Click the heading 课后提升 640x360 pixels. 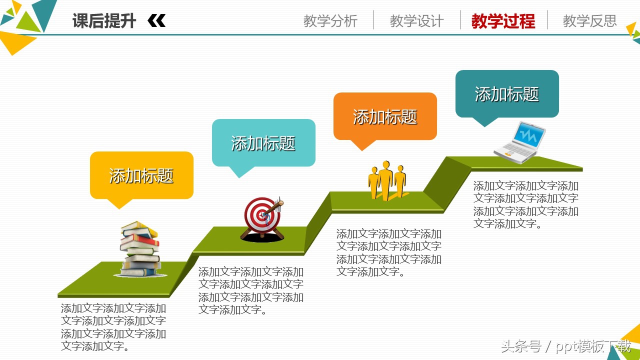104,21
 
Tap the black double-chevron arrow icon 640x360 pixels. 156,21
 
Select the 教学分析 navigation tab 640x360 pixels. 330,21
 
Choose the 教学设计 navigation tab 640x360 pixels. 416,21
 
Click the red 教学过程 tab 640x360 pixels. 503,21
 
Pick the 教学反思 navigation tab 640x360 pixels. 589,21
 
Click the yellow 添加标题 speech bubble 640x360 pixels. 141,175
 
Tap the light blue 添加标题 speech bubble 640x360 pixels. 263,143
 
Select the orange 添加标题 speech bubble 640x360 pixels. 385,116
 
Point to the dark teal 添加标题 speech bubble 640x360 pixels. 507,94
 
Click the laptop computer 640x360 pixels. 520,143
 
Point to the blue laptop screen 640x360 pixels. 529,134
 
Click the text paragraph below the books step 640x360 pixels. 113,327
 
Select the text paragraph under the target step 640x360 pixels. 250,291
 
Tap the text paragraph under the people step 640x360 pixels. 388,253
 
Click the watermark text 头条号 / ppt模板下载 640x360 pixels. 565,346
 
